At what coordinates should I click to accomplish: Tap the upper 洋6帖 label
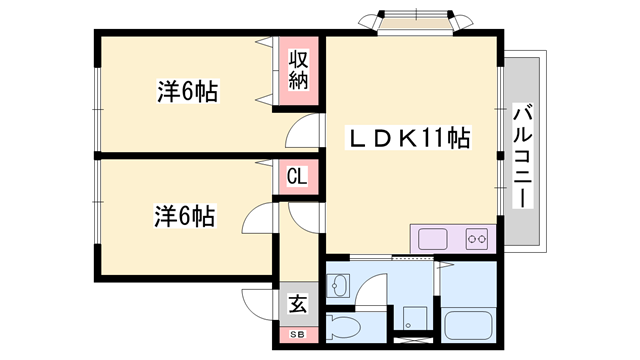(187, 92)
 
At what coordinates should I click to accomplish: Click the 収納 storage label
(299, 70)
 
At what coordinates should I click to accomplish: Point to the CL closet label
(297, 178)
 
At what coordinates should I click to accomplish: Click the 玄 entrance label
(298, 303)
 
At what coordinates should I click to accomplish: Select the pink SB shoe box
(297, 333)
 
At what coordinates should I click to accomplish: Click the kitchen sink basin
(432, 240)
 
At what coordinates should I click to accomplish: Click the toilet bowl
(344, 327)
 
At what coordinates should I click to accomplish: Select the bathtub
(469, 326)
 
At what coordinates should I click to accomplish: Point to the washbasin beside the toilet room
(337, 287)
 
